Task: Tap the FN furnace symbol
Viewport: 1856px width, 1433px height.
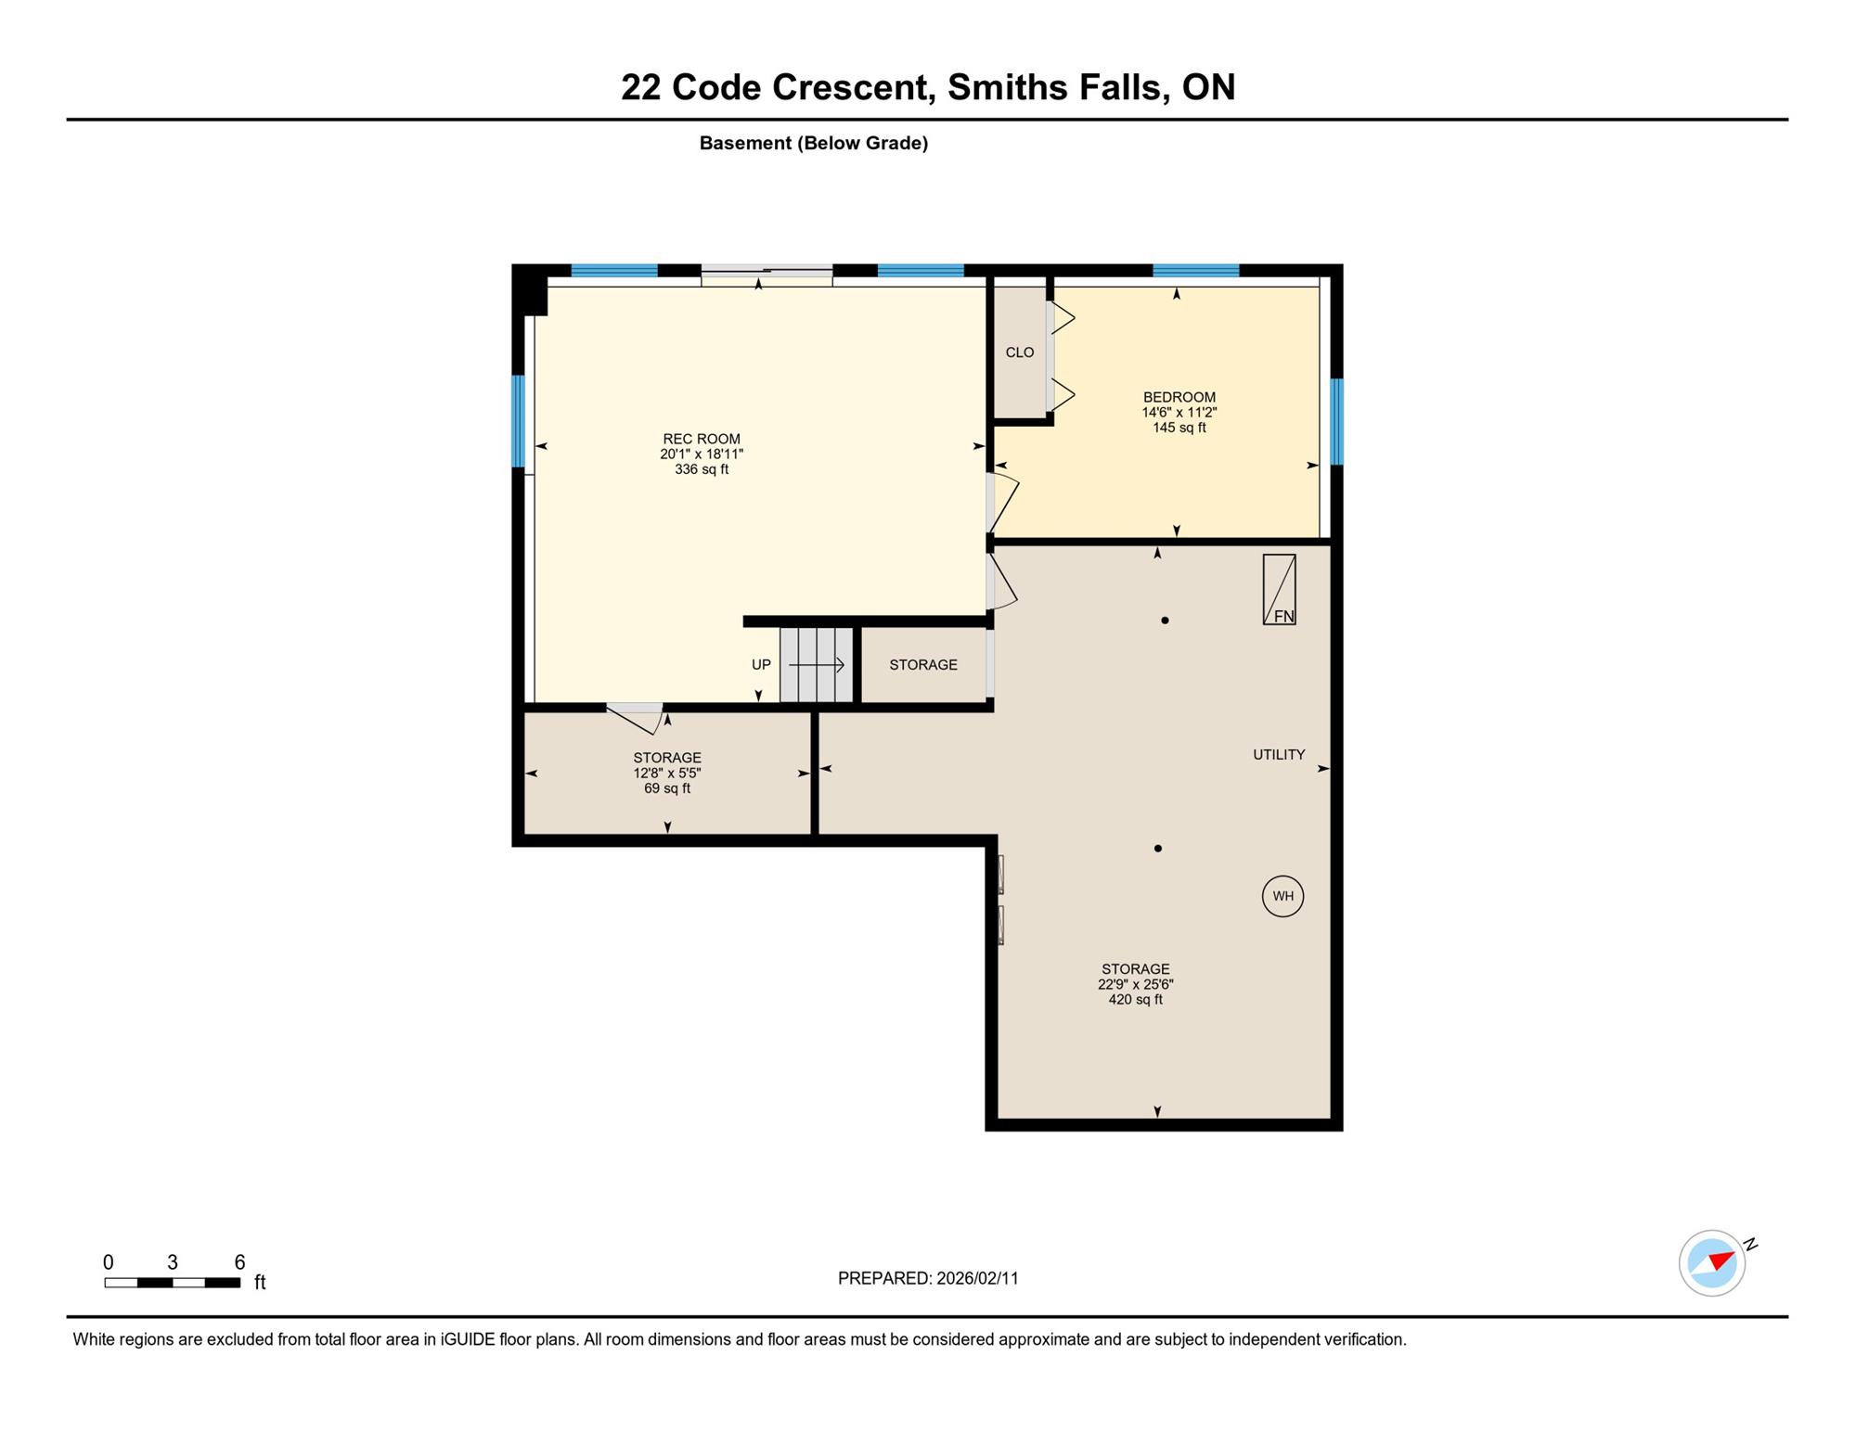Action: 1279,589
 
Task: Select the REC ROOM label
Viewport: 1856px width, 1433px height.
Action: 702,439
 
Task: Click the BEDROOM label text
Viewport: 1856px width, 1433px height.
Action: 1179,397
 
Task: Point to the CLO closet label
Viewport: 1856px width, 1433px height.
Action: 1020,352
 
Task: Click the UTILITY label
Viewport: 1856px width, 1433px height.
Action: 1279,755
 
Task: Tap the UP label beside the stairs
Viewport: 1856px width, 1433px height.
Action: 761,665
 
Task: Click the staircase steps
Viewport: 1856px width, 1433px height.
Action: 817,665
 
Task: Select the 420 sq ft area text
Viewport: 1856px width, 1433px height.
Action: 1135,1000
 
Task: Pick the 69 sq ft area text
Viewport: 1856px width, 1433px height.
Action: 667,788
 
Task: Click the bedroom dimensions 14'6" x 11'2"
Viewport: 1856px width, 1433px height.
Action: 1179,413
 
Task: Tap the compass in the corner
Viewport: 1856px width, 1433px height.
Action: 1713,1262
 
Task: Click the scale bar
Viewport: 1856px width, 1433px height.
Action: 173,1283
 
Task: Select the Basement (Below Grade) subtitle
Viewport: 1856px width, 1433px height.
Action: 814,143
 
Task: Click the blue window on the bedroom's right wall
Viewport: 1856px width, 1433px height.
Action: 1336,421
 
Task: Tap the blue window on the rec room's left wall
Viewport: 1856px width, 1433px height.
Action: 518,421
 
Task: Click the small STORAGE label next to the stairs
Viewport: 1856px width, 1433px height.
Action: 923,665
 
